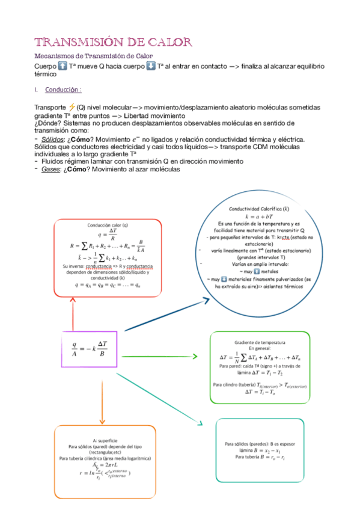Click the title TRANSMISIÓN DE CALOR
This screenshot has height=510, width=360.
113,42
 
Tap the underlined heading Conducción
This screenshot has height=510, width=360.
63,90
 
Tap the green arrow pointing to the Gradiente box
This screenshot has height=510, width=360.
162,357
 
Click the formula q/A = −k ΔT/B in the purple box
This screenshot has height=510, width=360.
90,349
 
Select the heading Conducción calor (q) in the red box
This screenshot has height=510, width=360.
108,226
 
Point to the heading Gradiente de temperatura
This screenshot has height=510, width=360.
260,341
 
